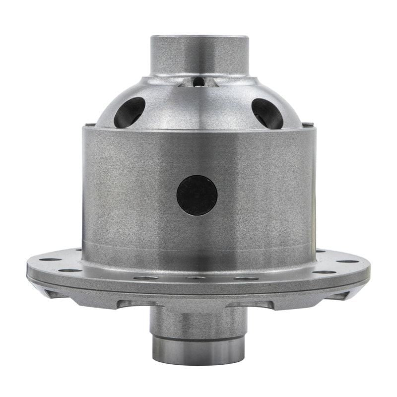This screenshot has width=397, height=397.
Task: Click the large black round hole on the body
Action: tap(197, 195)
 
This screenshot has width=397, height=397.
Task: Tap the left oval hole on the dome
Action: tap(130, 112)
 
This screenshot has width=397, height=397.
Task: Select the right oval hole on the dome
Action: tap(267, 113)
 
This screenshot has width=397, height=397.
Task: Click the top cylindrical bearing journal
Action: tap(199, 55)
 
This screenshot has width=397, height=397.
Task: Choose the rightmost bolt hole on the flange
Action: tap(347, 261)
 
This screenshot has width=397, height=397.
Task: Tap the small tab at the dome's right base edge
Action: tap(308, 125)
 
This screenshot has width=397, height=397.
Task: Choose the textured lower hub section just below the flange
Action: tap(198, 320)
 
